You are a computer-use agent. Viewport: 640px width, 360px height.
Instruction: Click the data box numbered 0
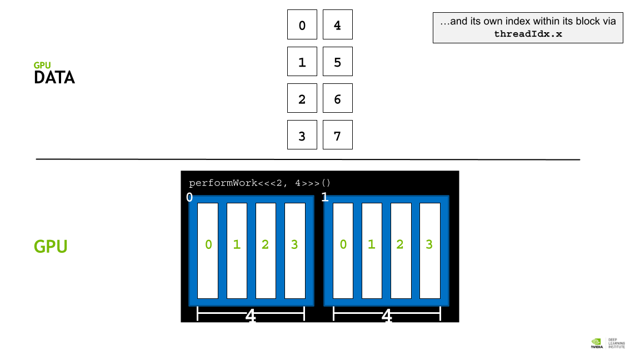pyautogui.click(x=302, y=24)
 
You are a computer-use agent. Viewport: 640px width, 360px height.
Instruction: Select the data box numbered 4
pyautogui.click(x=338, y=24)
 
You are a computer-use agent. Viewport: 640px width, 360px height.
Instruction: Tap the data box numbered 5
pyautogui.click(x=338, y=62)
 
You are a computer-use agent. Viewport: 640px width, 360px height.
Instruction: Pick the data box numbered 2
pyautogui.click(x=302, y=98)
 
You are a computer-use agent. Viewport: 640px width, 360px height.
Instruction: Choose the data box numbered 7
pyautogui.click(x=338, y=134)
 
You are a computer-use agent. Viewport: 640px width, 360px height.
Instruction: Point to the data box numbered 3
pyautogui.click(x=302, y=134)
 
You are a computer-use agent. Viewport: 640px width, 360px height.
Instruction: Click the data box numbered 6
pyautogui.click(x=338, y=98)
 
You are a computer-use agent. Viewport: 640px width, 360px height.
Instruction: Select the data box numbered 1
pyautogui.click(x=302, y=62)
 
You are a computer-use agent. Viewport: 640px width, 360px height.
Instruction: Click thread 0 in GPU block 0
pyautogui.click(x=208, y=251)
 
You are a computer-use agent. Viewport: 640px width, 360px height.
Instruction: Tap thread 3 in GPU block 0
pyautogui.click(x=294, y=251)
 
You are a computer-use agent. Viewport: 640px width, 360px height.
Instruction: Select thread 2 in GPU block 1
pyautogui.click(x=401, y=251)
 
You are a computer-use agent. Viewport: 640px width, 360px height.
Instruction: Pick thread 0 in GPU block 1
pyautogui.click(x=343, y=251)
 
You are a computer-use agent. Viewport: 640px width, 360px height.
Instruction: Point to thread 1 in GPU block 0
pyautogui.click(x=237, y=251)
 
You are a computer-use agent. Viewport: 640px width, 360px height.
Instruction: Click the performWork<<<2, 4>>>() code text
pyautogui.click(x=259, y=183)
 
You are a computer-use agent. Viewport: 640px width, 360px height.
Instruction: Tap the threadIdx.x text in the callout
pyautogui.click(x=528, y=34)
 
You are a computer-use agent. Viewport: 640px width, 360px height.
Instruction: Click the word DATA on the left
pyautogui.click(x=54, y=78)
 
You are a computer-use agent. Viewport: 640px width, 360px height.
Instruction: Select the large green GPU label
pyautogui.click(x=51, y=247)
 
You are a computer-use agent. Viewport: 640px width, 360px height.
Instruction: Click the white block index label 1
pyautogui.click(x=325, y=197)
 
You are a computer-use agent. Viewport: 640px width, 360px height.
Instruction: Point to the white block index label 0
pyautogui.click(x=189, y=197)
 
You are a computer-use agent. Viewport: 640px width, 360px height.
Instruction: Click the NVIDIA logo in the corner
pyautogui.click(x=596, y=343)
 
